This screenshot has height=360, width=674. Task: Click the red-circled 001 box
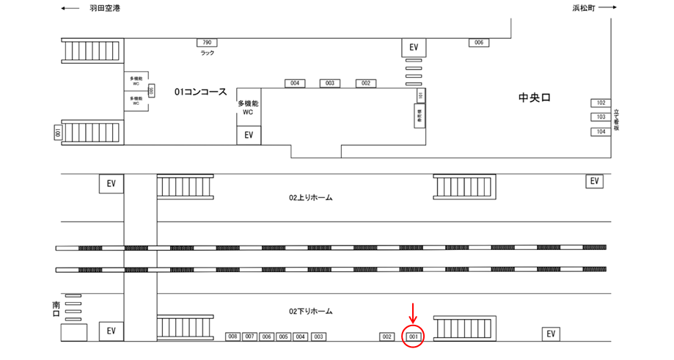coord(413,337)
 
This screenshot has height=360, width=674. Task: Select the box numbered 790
coord(207,43)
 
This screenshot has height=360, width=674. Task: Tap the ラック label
coord(207,54)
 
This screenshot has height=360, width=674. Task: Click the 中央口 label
coord(534,98)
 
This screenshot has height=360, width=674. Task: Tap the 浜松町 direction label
coord(584,8)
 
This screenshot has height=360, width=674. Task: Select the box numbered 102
coord(601,103)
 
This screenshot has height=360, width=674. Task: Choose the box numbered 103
coord(601,117)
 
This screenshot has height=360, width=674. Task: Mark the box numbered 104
coord(601,131)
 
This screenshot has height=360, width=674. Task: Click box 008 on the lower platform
coord(233,337)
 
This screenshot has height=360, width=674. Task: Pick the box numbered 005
coord(283,337)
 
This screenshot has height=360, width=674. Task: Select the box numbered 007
coord(250,337)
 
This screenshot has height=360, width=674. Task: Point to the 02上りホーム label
coord(311,198)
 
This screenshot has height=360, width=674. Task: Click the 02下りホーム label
coord(311,312)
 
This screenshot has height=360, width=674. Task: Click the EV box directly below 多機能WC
coord(248,135)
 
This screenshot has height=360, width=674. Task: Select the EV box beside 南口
coord(111,331)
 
